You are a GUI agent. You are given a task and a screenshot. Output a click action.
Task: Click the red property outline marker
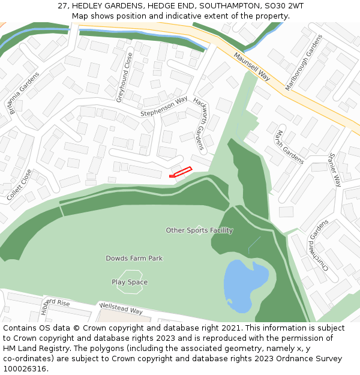[x=181, y=172]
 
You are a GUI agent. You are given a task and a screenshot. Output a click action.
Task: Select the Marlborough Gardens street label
[x=304, y=62]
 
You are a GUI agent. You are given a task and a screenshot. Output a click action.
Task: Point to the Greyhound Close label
[x=124, y=77]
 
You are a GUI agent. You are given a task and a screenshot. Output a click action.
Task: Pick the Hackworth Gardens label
[x=199, y=123]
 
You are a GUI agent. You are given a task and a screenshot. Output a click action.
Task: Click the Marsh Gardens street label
[x=290, y=146]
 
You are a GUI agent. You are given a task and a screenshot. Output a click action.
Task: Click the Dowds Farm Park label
[x=134, y=259]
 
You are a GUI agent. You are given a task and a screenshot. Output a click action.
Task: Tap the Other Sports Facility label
[x=199, y=230]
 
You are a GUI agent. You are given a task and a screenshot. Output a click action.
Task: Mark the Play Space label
[x=130, y=282]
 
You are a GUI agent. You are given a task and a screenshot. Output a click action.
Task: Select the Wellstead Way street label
[x=121, y=308]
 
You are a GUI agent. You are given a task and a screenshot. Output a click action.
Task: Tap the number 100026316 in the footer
[x=25, y=369]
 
